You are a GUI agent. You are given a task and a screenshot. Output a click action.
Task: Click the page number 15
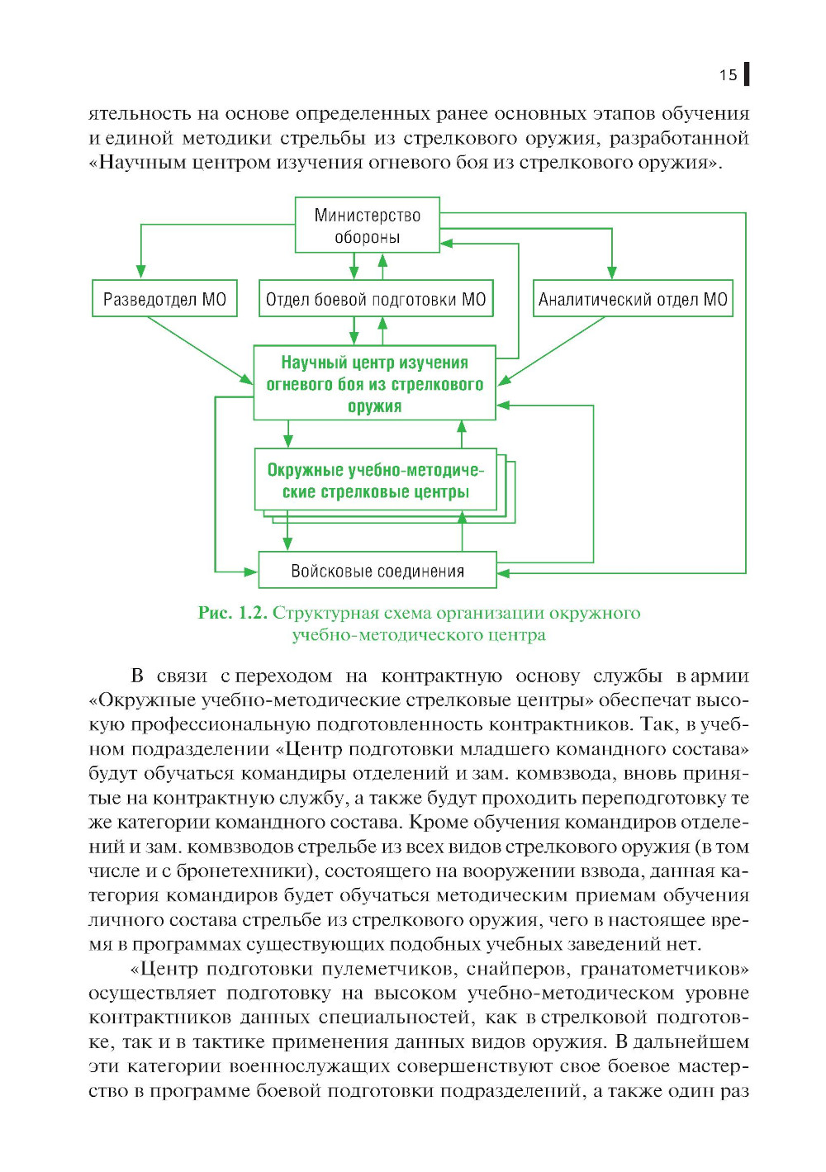pos(727,75)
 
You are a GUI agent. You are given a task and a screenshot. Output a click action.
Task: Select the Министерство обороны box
pos(368,225)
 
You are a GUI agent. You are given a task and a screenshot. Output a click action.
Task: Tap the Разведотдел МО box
pos(164,299)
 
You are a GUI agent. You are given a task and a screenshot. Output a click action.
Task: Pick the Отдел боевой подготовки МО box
pos(376,299)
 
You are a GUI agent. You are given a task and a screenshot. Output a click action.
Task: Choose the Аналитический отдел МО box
pos(633,299)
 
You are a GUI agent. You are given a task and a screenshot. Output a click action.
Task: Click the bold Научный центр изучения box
pos(374,383)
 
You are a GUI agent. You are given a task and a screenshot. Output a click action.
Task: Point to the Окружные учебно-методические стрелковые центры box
pos(375,481)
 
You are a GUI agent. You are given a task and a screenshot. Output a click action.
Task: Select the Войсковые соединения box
pos(377,571)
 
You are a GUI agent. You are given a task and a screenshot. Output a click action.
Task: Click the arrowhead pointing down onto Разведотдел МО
pos(141,272)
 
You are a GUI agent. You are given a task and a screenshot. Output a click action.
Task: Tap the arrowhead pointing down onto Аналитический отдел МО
pos(612,272)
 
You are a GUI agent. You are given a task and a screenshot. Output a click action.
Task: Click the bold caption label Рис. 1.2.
pos(232,613)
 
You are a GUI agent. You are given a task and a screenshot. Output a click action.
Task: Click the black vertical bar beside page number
pos(747,74)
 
